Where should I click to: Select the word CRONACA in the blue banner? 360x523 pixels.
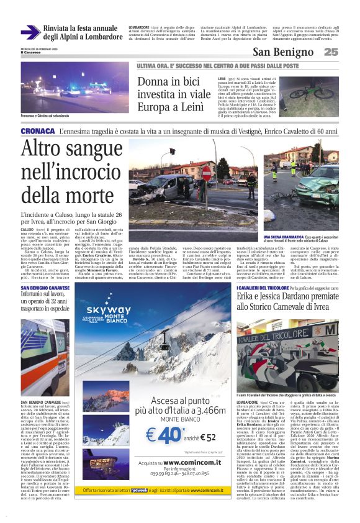coord(38,132)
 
